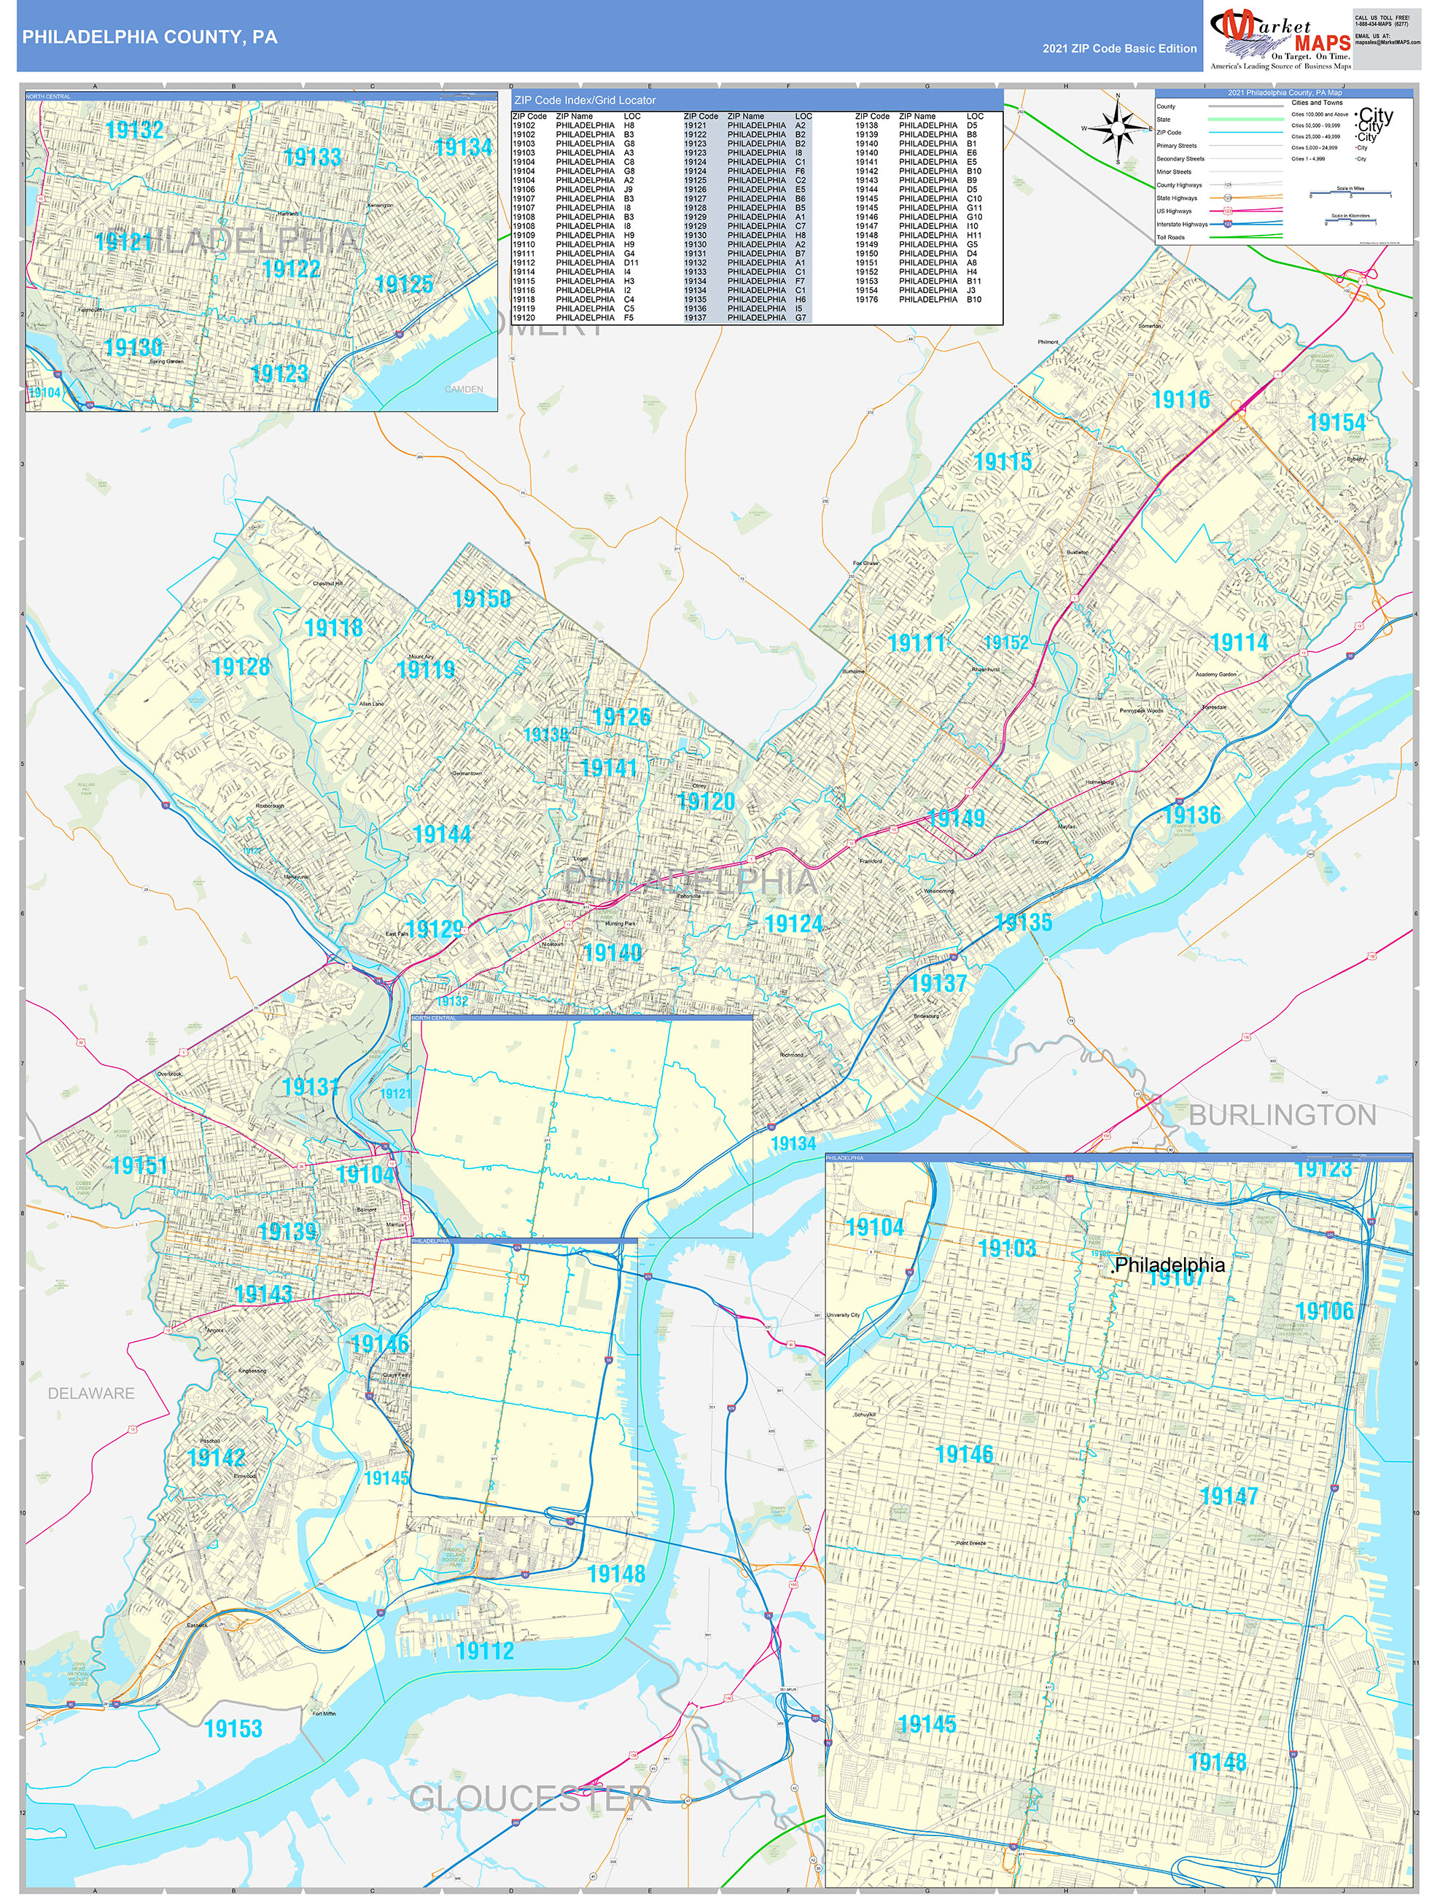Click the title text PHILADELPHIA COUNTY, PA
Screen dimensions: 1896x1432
[x=150, y=37]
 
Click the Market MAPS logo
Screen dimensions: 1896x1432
[x=1280, y=39]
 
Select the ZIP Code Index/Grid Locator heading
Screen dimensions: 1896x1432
[x=585, y=101]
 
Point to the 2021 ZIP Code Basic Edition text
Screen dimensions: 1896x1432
[x=1119, y=49]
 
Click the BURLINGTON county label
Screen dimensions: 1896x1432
[x=1282, y=1115]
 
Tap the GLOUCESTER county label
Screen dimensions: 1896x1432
[x=531, y=1798]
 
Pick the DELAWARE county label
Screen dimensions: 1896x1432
[x=91, y=1393]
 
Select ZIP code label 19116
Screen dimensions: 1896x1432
[x=1181, y=400]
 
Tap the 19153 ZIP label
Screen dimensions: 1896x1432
[x=233, y=1729]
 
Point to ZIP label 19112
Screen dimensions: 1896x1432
[x=485, y=1651]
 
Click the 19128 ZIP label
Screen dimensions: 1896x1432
[x=241, y=666]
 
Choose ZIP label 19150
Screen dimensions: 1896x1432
[x=482, y=598]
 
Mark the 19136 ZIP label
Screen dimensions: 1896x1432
[x=1191, y=815]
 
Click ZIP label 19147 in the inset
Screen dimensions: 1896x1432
[x=1229, y=1496]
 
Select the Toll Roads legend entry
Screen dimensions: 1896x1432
[x=1171, y=238]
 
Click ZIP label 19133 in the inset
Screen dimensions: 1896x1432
[x=312, y=157]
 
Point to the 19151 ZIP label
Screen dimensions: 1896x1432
[x=140, y=1165]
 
